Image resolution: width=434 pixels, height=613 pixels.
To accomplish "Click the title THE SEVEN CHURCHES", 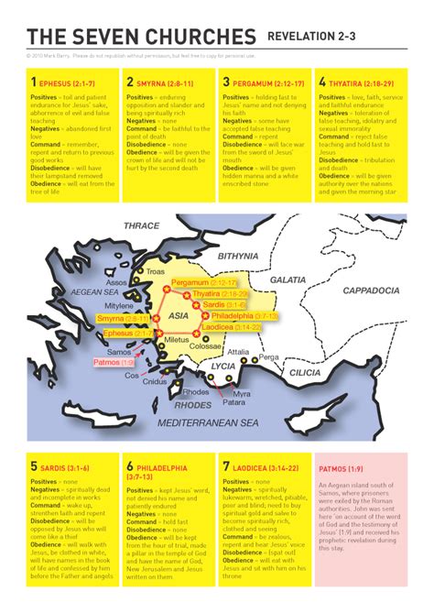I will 142,37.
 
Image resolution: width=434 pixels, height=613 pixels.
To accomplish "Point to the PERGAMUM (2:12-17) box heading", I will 266,82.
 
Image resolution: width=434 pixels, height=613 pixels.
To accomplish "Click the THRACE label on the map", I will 141,224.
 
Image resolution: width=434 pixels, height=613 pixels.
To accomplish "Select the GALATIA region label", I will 288,279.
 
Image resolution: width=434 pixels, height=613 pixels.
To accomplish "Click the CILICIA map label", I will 306,374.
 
